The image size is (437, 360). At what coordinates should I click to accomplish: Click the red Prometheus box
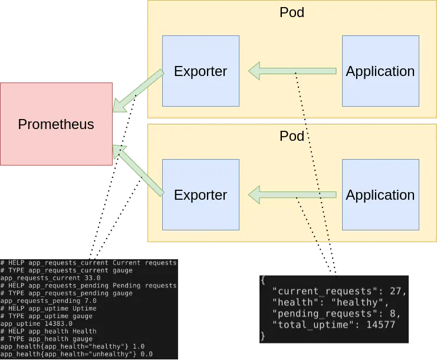tap(56, 124)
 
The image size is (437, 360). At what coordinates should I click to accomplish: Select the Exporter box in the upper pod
tap(201, 71)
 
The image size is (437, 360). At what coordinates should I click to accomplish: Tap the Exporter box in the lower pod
tap(201, 194)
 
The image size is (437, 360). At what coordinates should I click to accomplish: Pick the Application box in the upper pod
tap(380, 71)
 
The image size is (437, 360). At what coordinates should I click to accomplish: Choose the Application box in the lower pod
tap(380, 194)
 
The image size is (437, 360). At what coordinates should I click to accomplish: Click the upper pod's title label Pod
tap(292, 12)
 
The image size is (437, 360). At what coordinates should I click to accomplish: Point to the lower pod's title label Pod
tap(292, 136)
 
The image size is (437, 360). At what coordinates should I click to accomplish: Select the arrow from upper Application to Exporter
tap(293, 71)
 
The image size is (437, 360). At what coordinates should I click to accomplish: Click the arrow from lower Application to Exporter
tap(293, 194)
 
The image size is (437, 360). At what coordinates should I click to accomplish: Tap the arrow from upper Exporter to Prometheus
tap(138, 91)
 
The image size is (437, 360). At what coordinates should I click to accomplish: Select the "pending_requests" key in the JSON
tap(322, 314)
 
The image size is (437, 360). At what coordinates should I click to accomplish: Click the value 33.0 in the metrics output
tap(93, 278)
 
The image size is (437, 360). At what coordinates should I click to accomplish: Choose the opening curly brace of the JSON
tap(263, 280)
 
